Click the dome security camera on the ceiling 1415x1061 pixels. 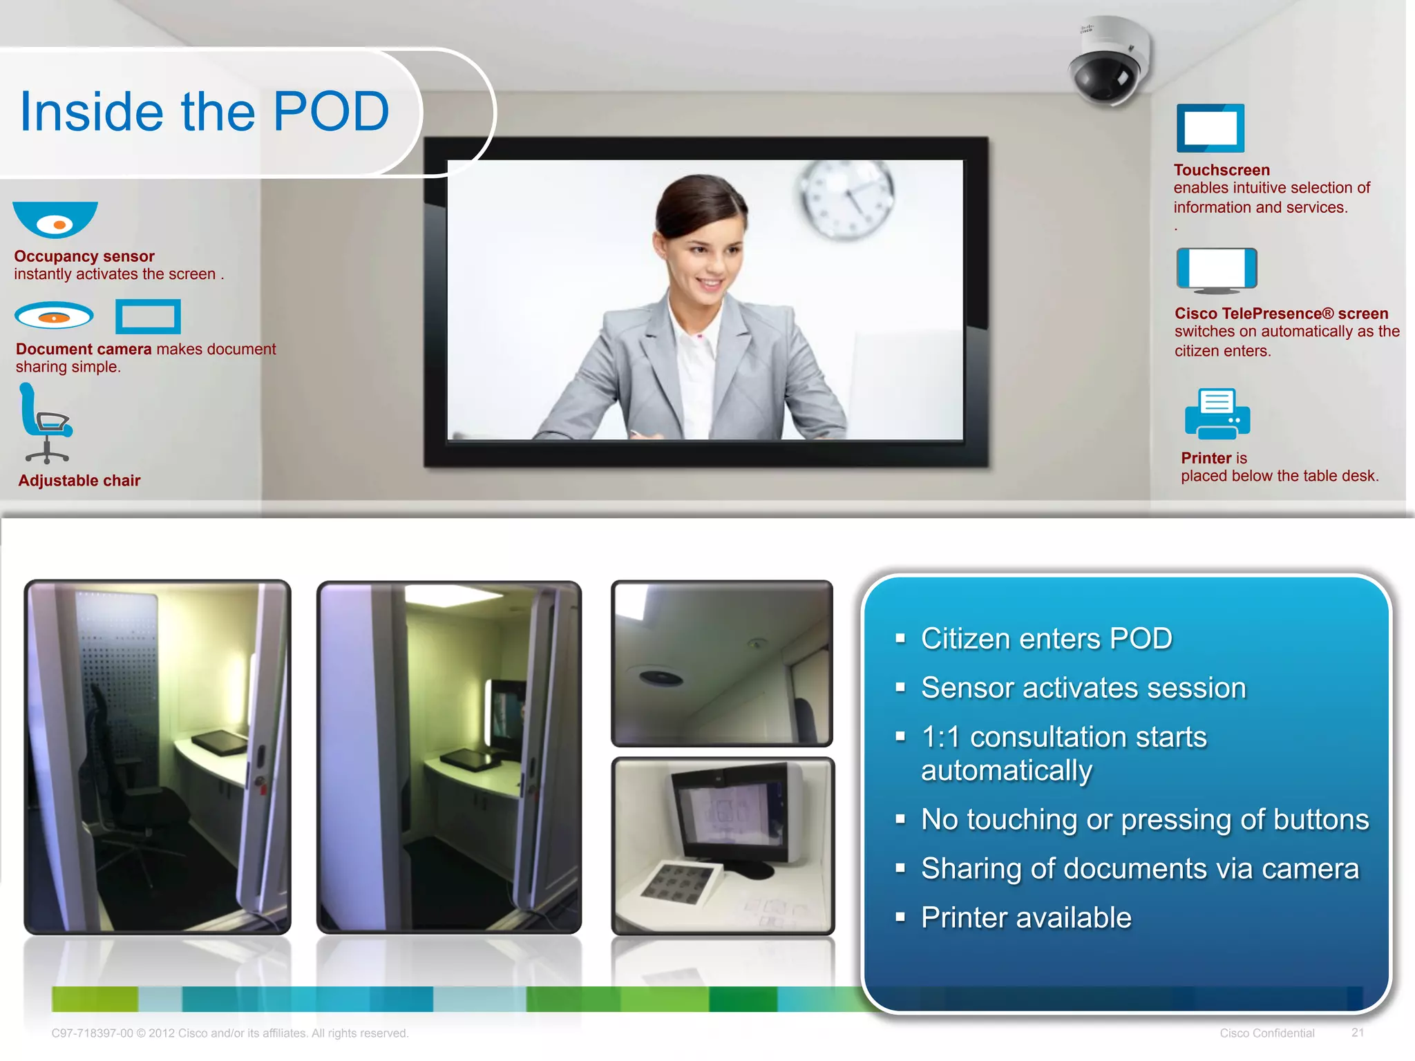pyautogui.click(x=1108, y=63)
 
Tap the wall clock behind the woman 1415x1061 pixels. pyautogui.click(x=846, y=198)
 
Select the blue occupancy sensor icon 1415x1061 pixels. pyautogui.click(x=55, y=219)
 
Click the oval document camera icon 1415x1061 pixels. pyautogui.click(x=54, y=316)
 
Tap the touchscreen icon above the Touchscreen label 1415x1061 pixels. pyautogui.click(x=1210, y=128)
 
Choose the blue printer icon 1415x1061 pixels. pyautogui.click(x=1217, y=414)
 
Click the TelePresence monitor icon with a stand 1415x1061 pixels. pyautogui.click(x=1216, y=269)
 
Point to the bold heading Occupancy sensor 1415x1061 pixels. pyautogui.click(x=84, y=256)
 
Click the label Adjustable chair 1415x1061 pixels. pyautogui.click(x=79, y=481)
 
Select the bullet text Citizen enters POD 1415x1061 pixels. pyautogui.click(x=1046, y=638)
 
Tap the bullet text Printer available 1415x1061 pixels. pyautogui.click(x=1026, y=917)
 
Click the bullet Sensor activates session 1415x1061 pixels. pyautogui.click(x=1083, y=688)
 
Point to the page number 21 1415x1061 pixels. pyautogui.click(x=1357, y=1033)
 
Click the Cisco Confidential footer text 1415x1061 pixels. pyautogui.click(x=1266, y=1033)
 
